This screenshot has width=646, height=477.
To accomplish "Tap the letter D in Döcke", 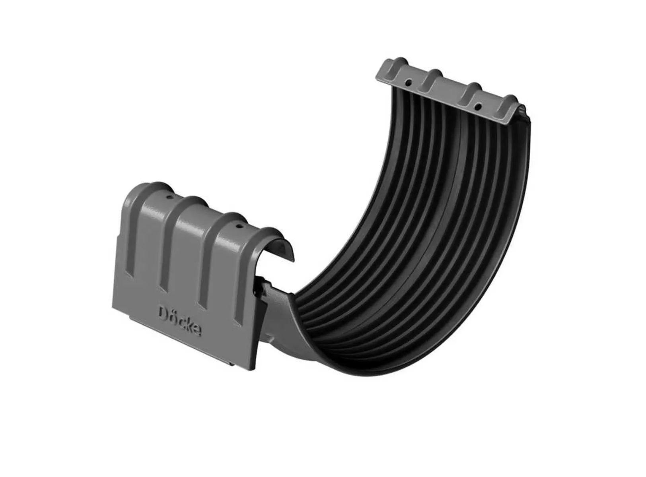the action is (163, 312).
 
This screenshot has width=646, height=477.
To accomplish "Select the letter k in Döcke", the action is (190, 326).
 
